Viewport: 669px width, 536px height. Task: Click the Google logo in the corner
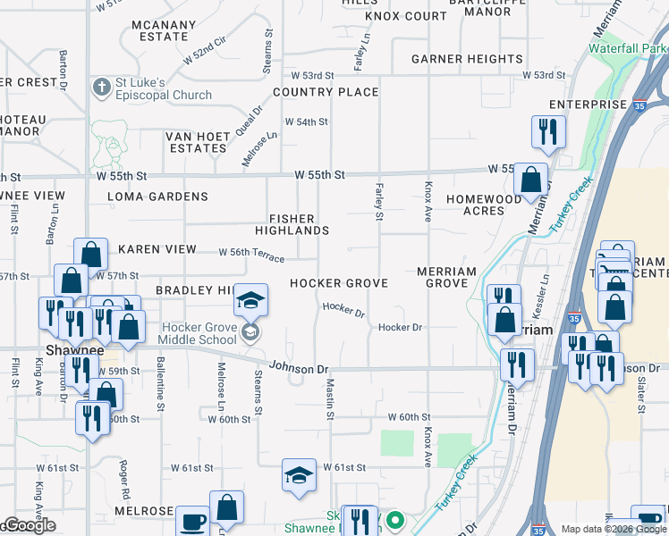pyautogui.click(x=30, y=526)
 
